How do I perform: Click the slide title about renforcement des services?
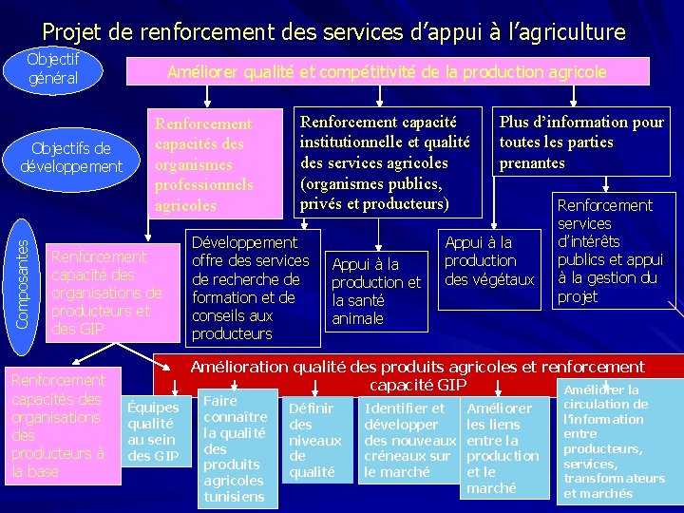[333, 32]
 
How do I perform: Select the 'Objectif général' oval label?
[53, 68]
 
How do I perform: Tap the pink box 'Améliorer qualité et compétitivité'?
[387, 72]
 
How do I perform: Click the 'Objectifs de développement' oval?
[71, 157]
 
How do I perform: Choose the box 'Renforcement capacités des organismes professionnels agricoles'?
[217, 163]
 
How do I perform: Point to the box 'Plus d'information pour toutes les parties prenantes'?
[581, 142]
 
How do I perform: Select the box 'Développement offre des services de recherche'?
[252, 288]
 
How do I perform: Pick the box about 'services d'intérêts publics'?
[613, 251]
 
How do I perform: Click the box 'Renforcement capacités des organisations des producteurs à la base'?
[59, 426]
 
